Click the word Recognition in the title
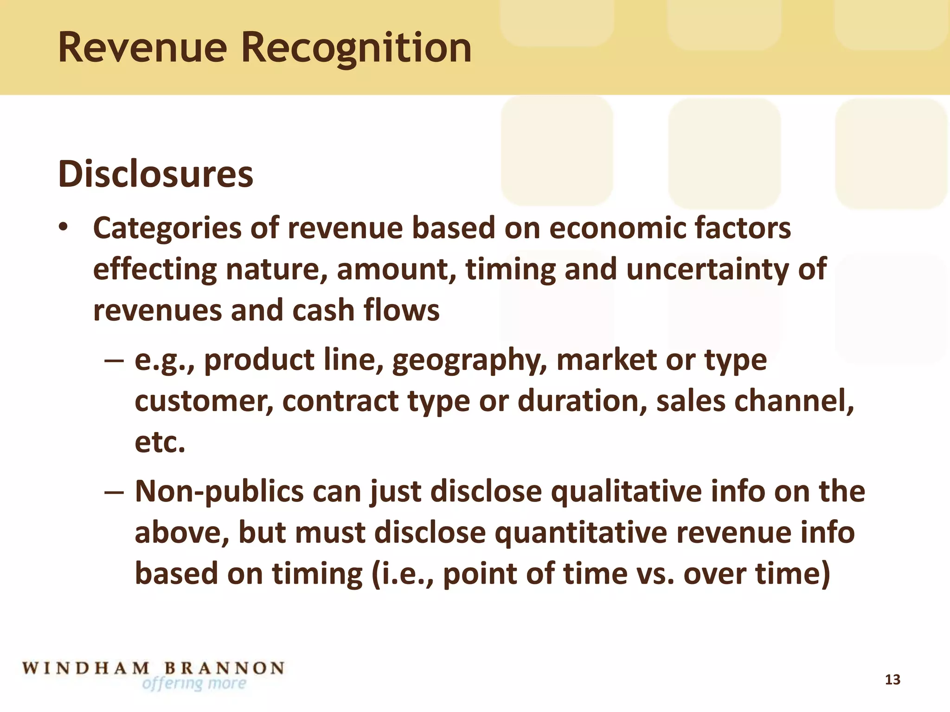point(356,48)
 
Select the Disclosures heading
point(156,174)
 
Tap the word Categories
point(167,229)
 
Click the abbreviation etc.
point(160,442)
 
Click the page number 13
point(892,680)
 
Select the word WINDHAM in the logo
point(86,668)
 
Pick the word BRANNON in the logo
point(225,668)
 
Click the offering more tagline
point(194,683)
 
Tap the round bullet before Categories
point(64,227)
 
